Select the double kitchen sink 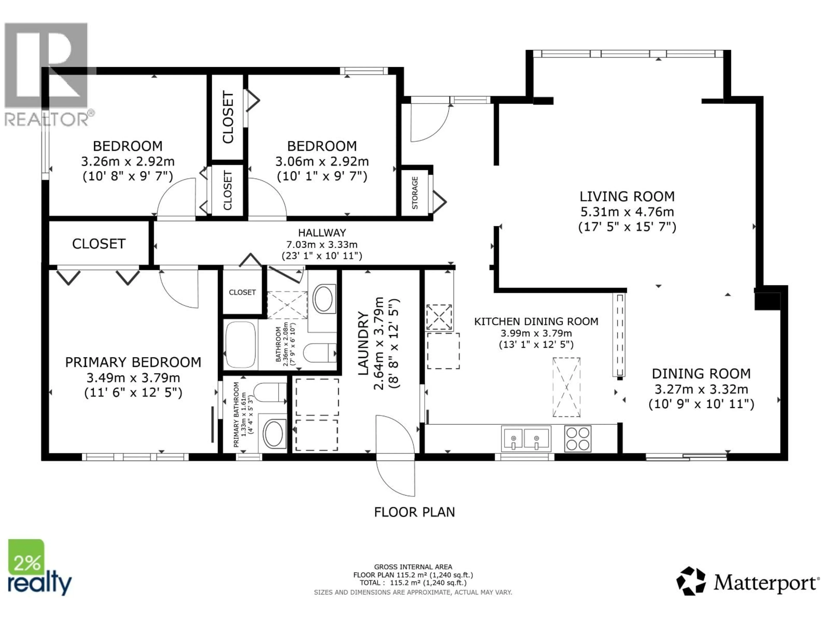tap(526, 438)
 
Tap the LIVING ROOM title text tap(627, 197)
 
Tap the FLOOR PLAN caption tap(414, 512)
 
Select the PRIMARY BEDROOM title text tap(133, 362)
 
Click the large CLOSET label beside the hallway tap(99, 244)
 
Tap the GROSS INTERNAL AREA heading tap(413, 567)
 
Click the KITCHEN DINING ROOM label tap(536, 321)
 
